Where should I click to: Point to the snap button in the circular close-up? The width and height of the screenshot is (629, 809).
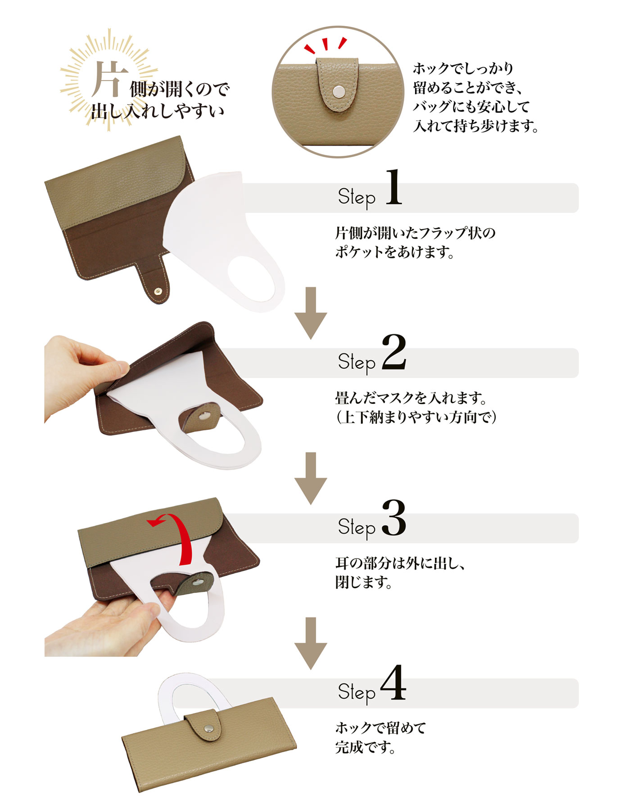337,92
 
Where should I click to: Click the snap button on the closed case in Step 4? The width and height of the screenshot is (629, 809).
208,728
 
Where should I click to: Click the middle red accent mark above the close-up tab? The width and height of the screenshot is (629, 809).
326,44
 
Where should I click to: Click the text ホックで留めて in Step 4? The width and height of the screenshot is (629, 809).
380,728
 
